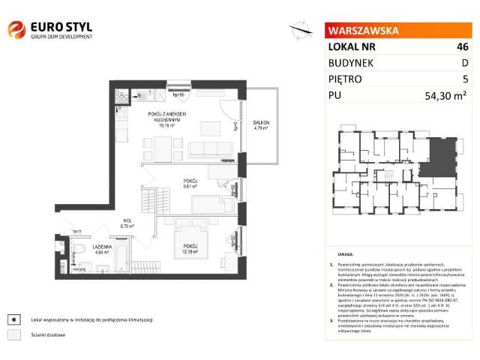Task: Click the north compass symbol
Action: pyautogui.click(x=300, y=29)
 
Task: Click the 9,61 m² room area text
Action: pyautogui.click(x=191, y=186)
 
